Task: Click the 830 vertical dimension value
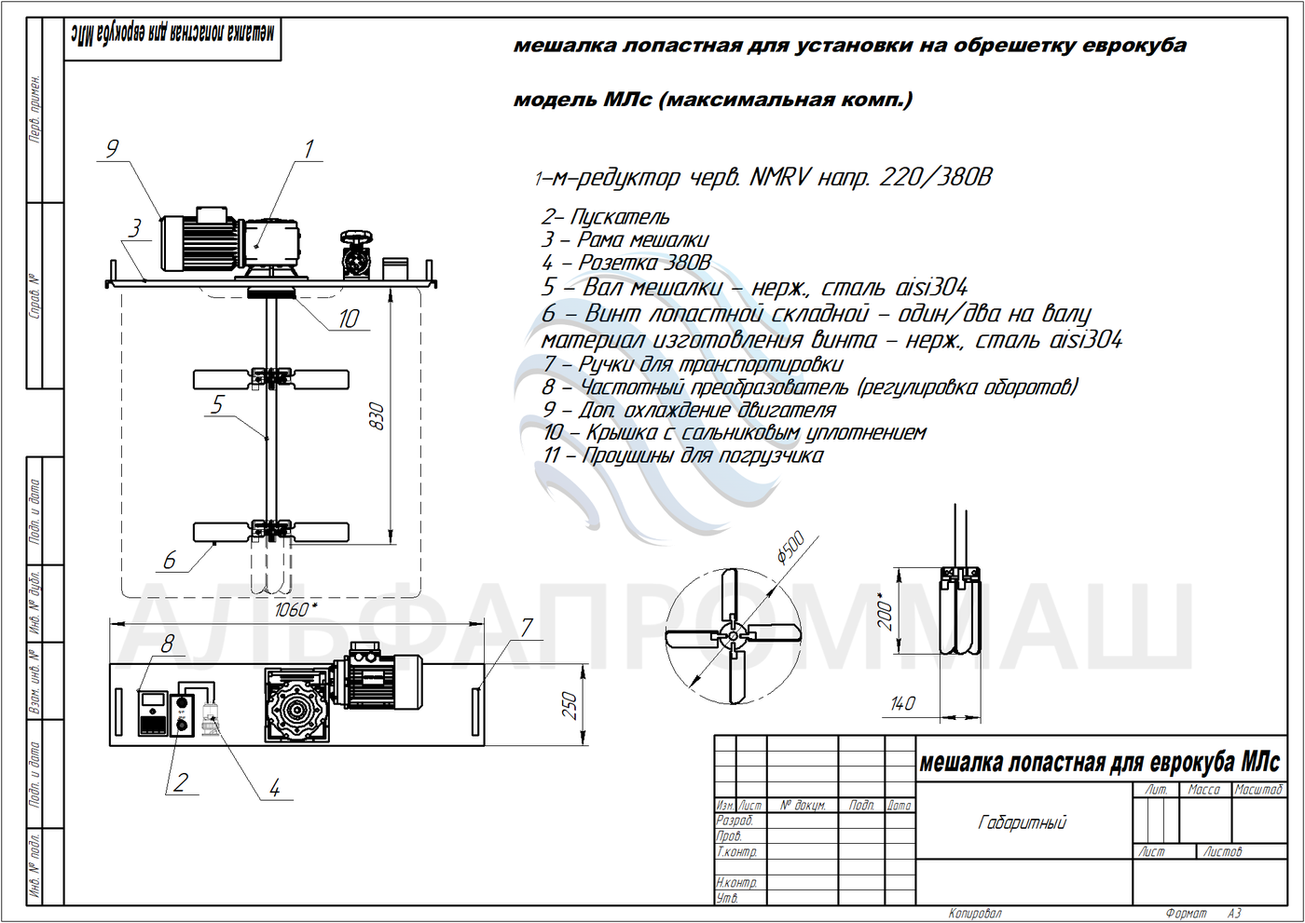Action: (x=378, y=415)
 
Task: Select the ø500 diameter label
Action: (x=790, y=549)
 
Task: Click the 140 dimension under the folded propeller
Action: (x=902, y=703)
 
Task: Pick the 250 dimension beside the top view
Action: (x=570, y=705)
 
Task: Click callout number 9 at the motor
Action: (x=112, y=149)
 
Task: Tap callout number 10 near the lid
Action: (x=349, y=319)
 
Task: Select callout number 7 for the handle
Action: (x=527, y=628)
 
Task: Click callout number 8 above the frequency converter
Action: (x=168, y=644)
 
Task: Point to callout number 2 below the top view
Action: (x=182, y=782)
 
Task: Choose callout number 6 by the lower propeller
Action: (x=170, y=560)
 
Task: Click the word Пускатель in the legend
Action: (x=620, y=217)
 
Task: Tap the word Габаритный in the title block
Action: (x=1023, y=822)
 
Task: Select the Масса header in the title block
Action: (x=1204, y=790)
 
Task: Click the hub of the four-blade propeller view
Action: (x=735, y=637)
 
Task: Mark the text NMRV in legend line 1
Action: (x=780, y=177)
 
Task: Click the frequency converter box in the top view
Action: (x=153, y=713)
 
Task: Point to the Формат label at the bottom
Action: (x=1185, y=914)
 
